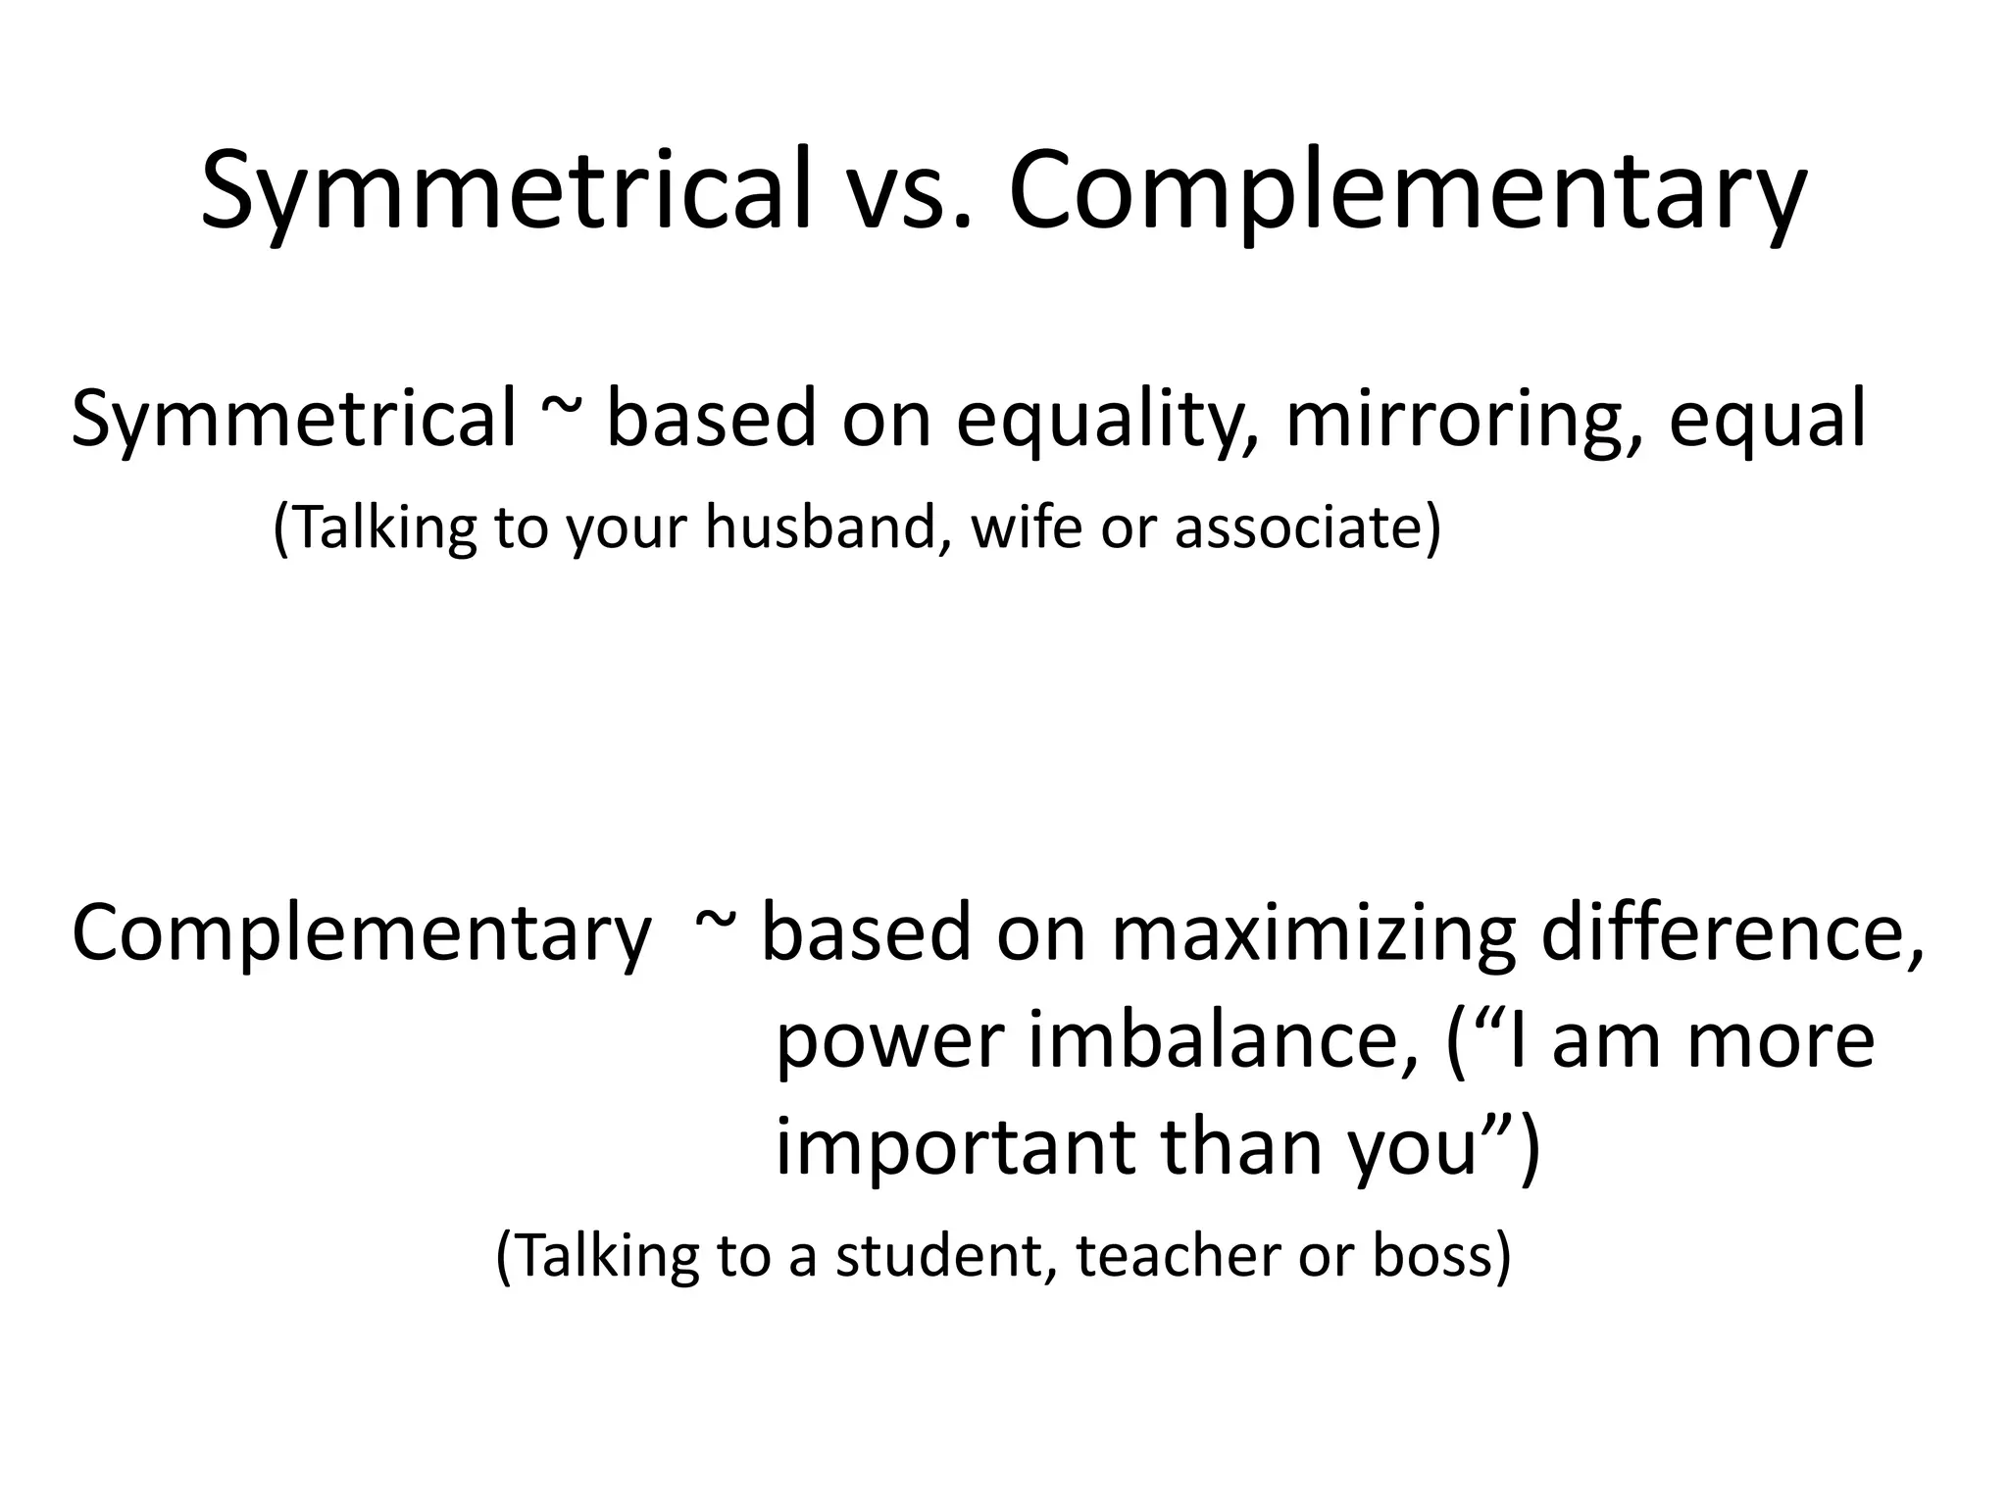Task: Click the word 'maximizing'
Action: point(1314,933)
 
